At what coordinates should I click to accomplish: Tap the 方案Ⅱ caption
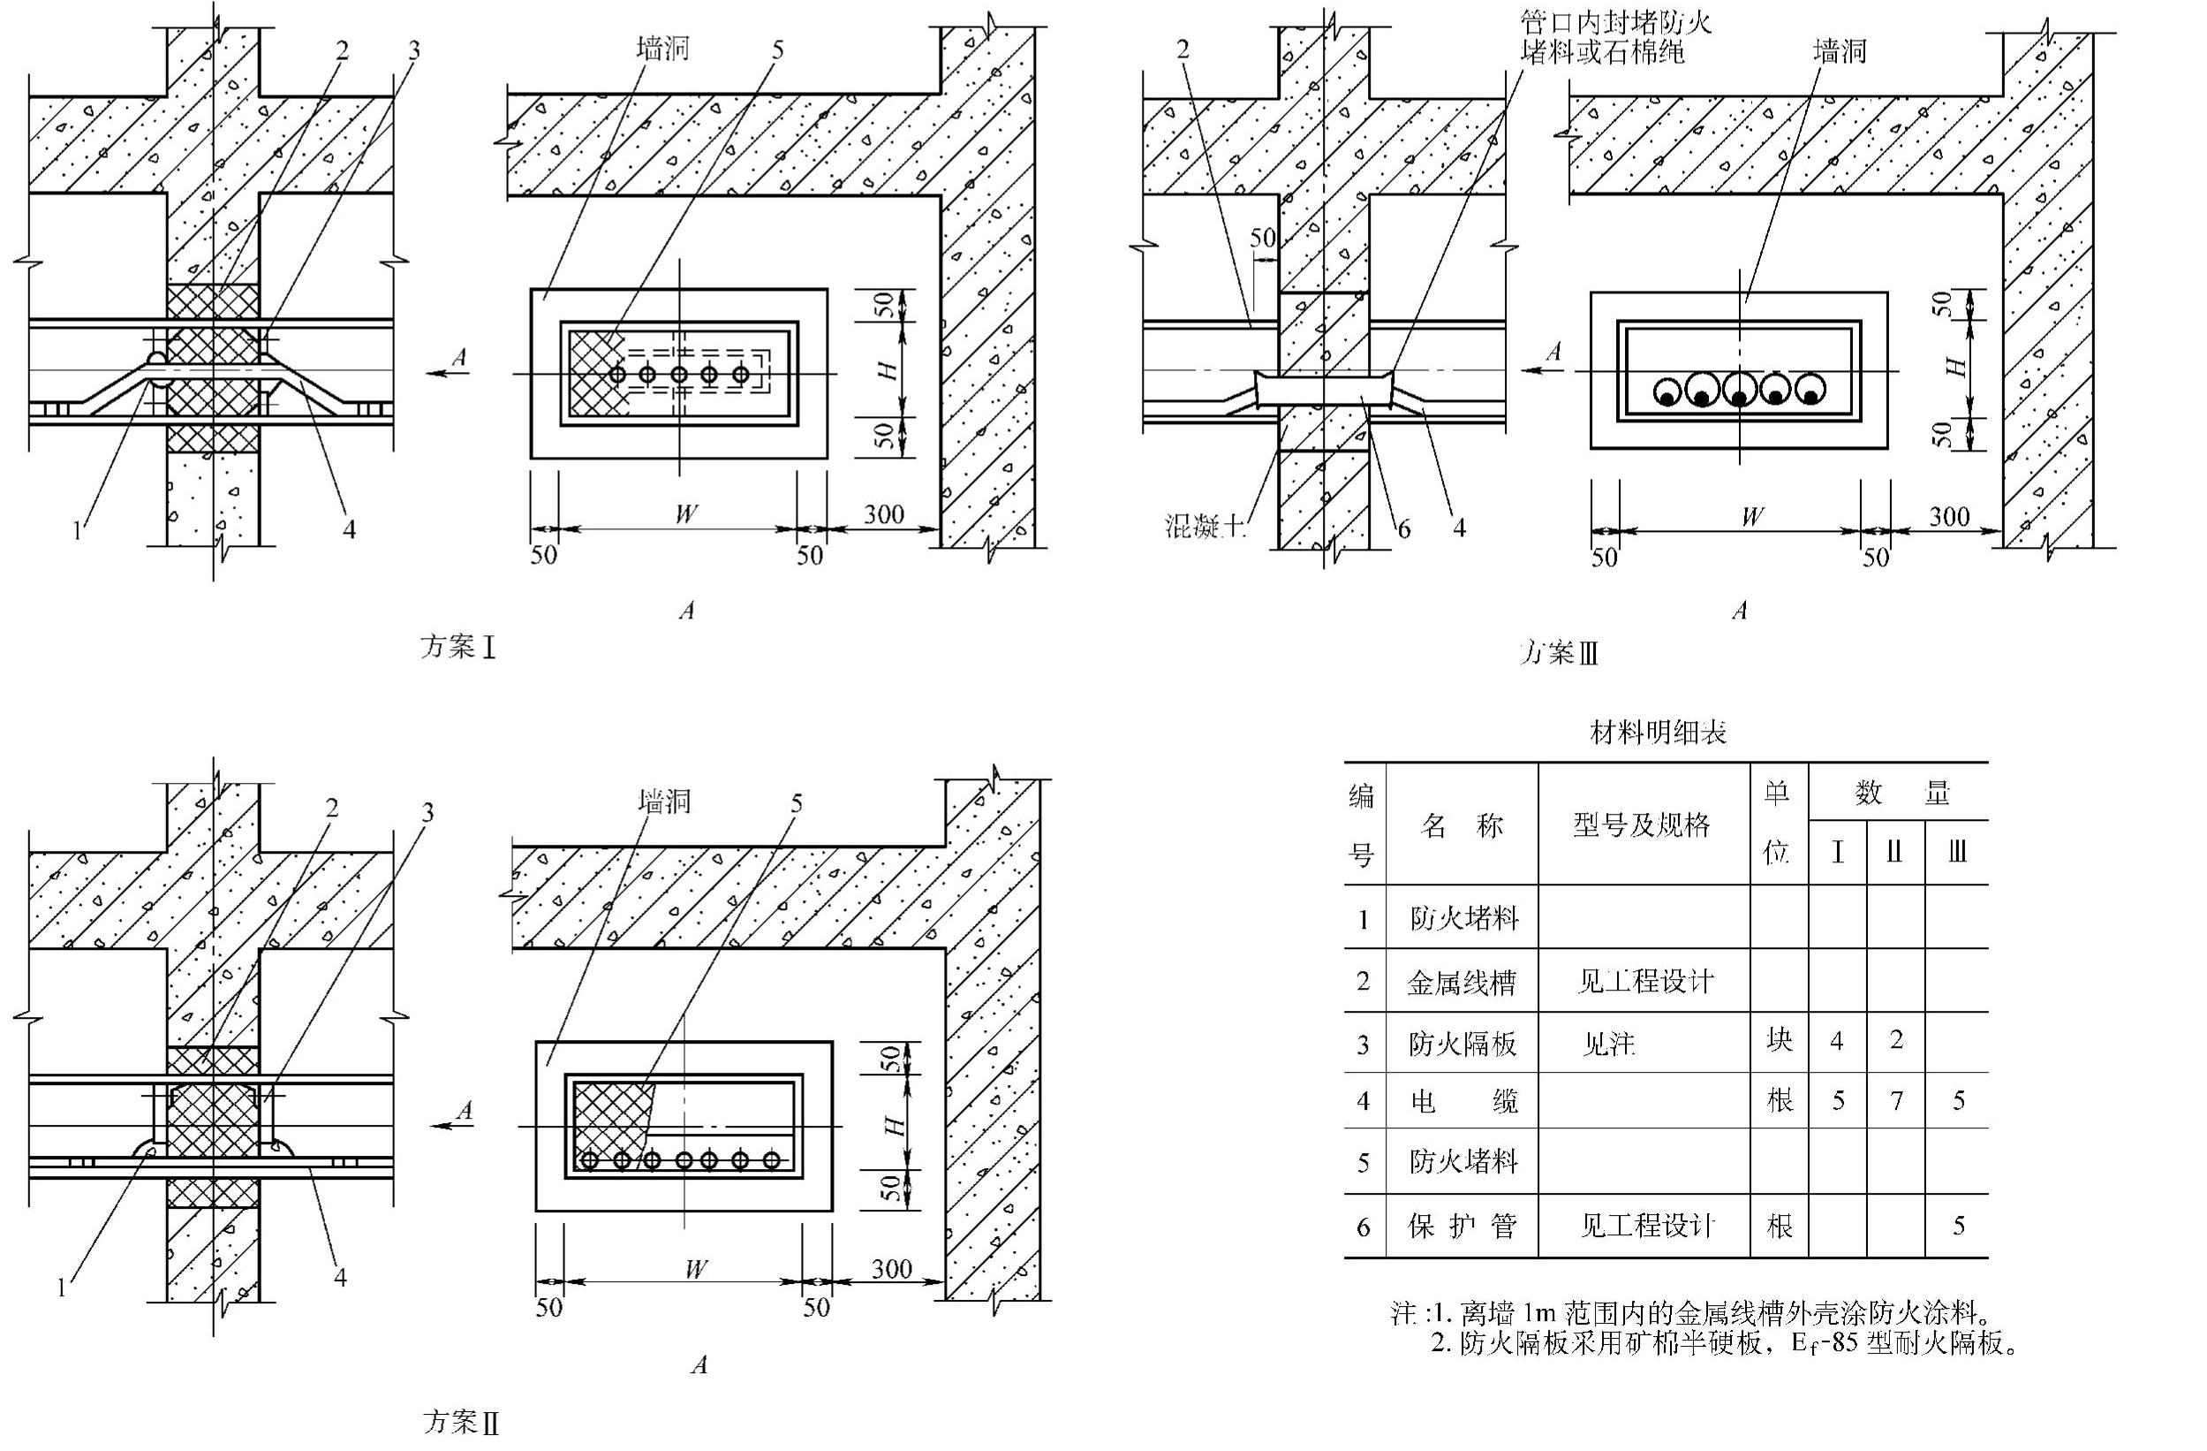click(462, 1421)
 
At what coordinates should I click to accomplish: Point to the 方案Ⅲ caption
click(1560, 654)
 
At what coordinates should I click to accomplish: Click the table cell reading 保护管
click(1463, 1227)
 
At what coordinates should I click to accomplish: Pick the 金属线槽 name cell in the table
click(1462, 983)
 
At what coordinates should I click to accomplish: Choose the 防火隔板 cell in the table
click(1463, 1045)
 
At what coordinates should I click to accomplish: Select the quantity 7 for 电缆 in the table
click(1896, 1101)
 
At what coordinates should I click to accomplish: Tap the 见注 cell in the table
click(1609, 1045)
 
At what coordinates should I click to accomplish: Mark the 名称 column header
click(1462, 824)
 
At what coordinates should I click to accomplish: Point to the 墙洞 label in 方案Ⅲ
click(1839, 52)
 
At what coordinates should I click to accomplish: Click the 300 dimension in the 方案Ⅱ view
click(891, 1268)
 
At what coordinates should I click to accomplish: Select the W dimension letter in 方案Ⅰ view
click(685, 514)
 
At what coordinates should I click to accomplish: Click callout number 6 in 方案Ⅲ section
click(1403, 528)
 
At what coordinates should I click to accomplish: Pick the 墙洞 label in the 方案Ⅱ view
click(665, 801)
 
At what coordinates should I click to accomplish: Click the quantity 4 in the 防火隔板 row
click(1837, 1041)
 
